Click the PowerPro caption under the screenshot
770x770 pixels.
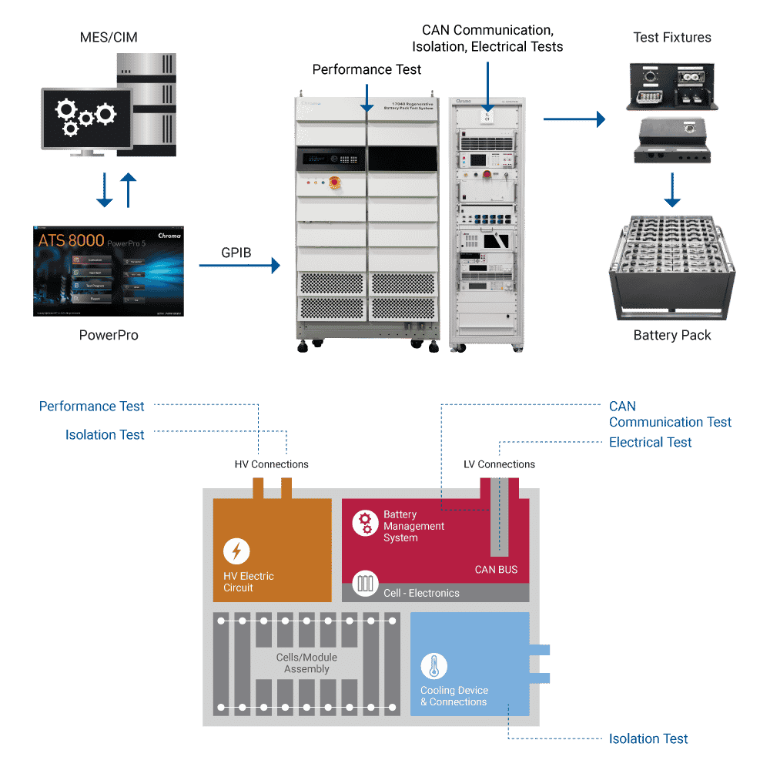(109, 336)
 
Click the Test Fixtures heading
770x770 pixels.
(671, 37)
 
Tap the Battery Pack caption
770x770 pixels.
(672, 335)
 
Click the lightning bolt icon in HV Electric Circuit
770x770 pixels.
(236, 551)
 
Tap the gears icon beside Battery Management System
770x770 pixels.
(366, 524)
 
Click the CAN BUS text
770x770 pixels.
(496, 570)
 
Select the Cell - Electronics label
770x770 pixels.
(421, 593)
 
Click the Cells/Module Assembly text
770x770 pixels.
(306, 663)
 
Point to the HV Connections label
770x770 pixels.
(271, 464)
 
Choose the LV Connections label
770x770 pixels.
(499, 464)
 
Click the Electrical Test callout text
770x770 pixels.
(650, 442)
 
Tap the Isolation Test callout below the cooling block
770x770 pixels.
(648, 738)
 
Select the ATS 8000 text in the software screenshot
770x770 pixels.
(71, 240)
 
